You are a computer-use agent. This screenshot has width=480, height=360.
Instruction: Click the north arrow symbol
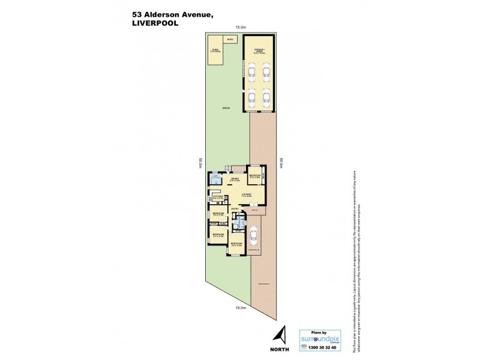click(x=280, y=335)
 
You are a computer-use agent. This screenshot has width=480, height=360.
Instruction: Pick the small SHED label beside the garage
click(x=230, y=38)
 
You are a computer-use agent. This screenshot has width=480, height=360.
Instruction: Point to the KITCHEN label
click(x=218, y=196)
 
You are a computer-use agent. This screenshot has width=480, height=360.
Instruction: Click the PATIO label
click(x=254, y=210)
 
